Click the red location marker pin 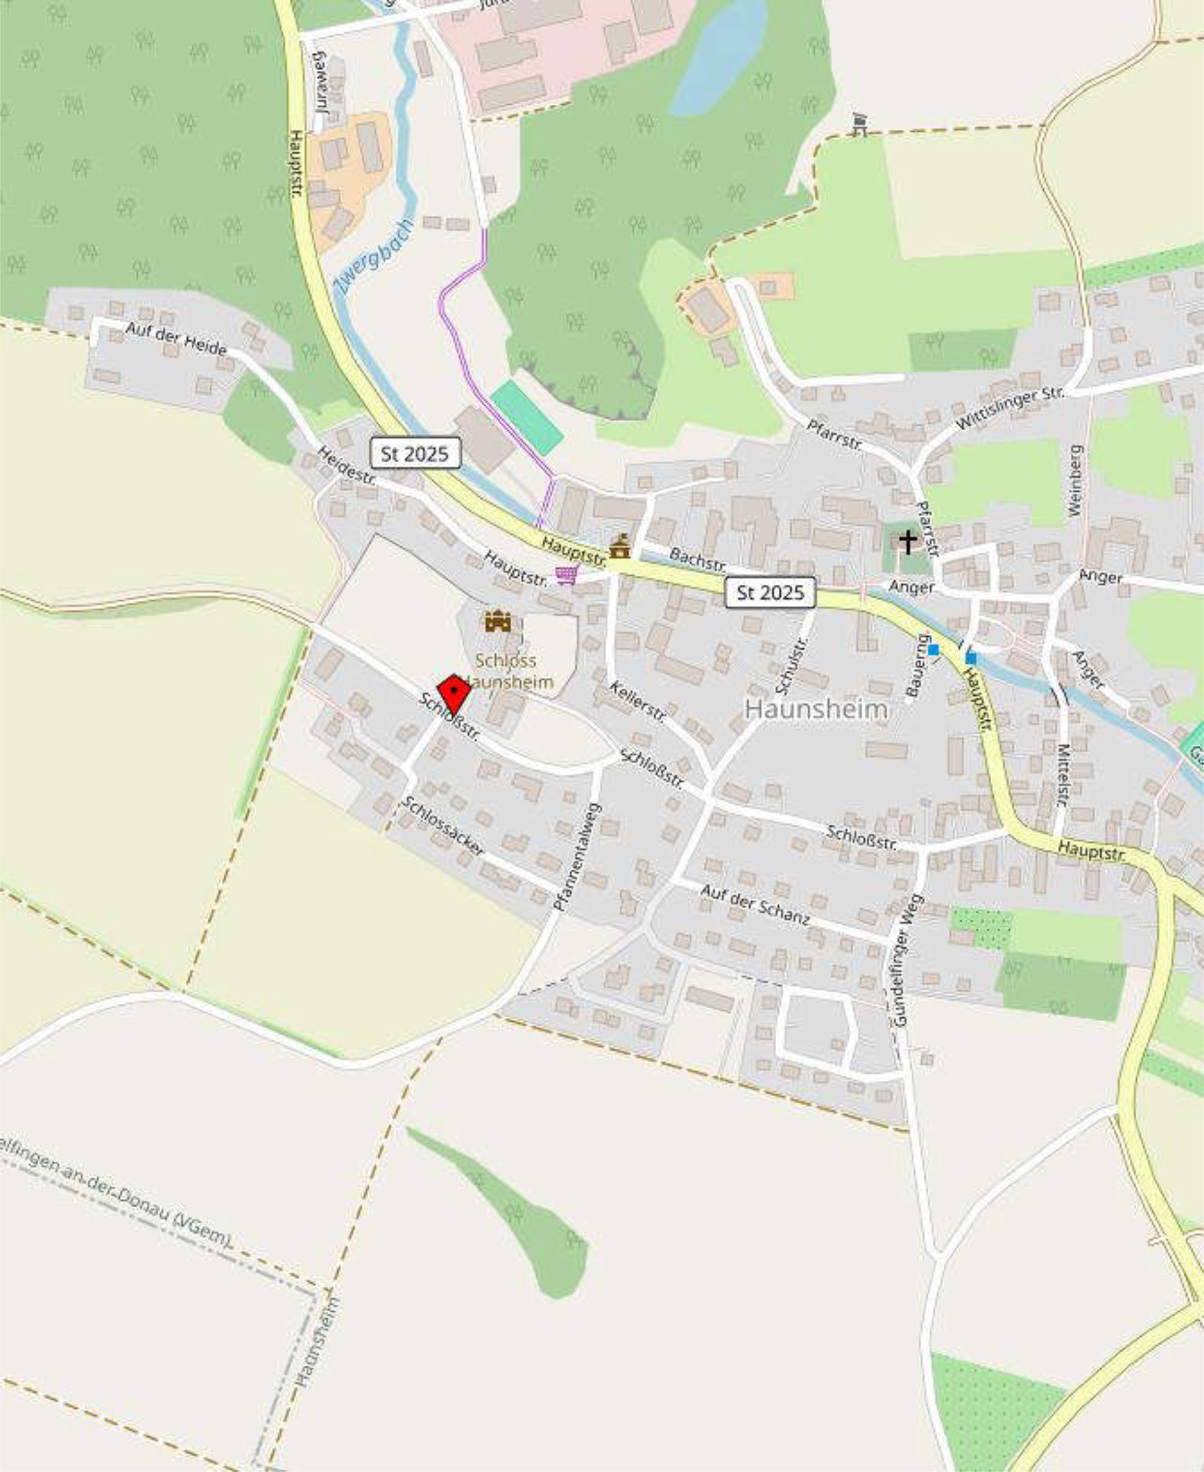click(453, 693)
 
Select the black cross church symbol click(907, 542)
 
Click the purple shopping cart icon click(566, 574)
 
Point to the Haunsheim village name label click(816, 709)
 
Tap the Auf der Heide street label click(176, 338)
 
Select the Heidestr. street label click(347, 465)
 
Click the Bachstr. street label click(697, 559)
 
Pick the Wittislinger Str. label click(1009, 408)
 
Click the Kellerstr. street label click(637, 702)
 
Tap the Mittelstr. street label click(1062, 774)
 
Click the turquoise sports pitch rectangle click(526, 417)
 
